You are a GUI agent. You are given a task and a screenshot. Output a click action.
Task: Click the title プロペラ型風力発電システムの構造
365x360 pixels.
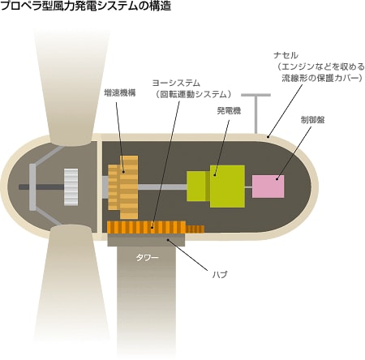[86, 6]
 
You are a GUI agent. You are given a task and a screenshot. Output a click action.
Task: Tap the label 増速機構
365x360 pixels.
[120, 93]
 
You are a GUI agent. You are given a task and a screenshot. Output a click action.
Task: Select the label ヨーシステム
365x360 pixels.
[176, 83]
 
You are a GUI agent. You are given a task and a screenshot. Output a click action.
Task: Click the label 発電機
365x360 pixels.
[229, 110]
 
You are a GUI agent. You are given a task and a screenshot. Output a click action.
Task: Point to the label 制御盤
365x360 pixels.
[312, 120]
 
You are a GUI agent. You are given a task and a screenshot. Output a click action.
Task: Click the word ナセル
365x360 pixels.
[286, 55]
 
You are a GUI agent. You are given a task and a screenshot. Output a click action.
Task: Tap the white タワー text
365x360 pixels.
[147, 258]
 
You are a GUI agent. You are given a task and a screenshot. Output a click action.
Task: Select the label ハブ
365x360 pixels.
[220, 275]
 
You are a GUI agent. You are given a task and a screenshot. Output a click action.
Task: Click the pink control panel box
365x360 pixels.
[268, 186]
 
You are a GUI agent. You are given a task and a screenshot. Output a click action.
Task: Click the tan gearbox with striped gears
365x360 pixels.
[123, 187]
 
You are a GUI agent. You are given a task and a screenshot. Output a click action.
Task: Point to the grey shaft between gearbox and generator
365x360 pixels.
[162, 187]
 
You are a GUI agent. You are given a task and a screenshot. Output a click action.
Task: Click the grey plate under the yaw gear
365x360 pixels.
[146, 240]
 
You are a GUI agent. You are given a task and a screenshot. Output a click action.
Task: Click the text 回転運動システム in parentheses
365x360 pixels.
[193, 94]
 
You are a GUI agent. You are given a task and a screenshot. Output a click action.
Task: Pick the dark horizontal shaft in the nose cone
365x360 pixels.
[41, 186]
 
